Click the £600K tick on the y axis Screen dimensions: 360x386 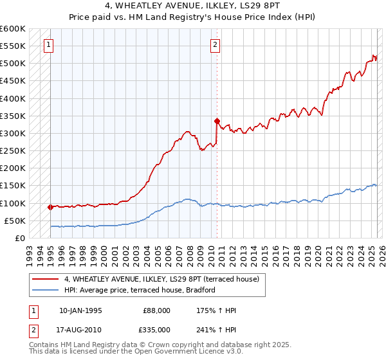(x=13, y=29)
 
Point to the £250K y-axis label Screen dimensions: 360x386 (x=13, y=150)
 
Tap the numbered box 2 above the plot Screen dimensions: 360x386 (x=215, y=45)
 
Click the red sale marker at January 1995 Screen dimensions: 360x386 (x=50, y=207)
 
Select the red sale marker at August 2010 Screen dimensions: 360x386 (x=217, y=121)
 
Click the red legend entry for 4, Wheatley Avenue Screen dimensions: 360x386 (x=161, y=279)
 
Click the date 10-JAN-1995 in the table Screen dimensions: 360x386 (x=80, y=310)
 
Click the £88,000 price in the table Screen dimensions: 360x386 (x=157, y=310)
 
